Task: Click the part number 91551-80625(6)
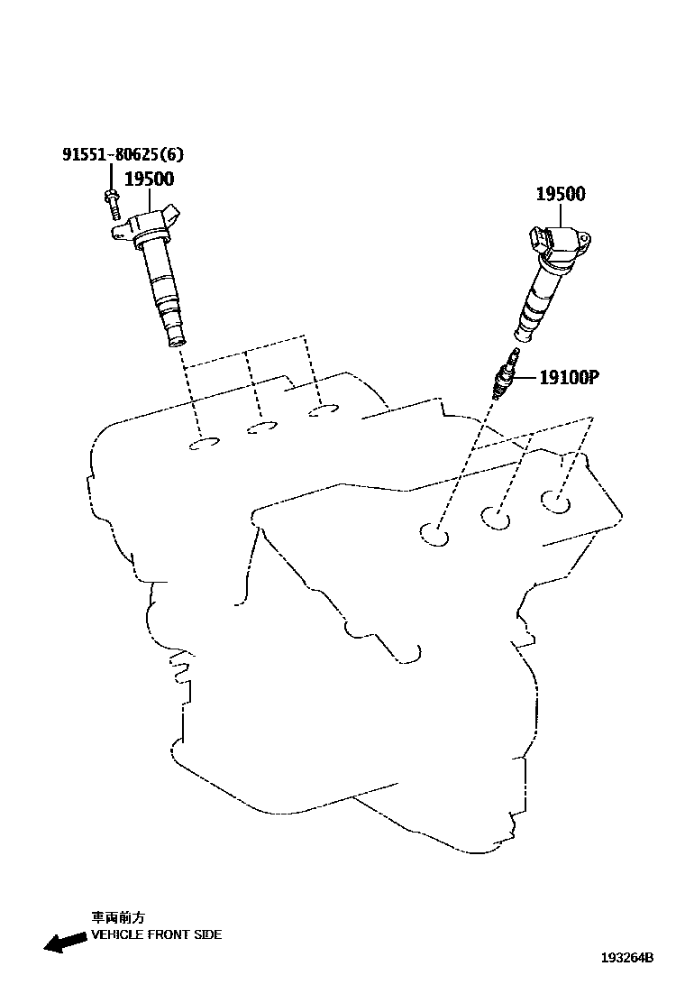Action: [x=114, y=154]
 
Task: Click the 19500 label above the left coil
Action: [x=149, y=179]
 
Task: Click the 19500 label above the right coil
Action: [x=560, y=194]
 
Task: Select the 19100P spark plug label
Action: [x=569, y=378]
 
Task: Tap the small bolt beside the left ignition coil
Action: [x=111, y=205]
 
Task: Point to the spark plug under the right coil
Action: [x=504, y=378]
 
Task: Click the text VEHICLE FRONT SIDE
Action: [x=156, y=934]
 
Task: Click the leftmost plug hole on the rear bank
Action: [x=205, y=443]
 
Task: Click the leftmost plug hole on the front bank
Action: [x=434, y=535]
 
